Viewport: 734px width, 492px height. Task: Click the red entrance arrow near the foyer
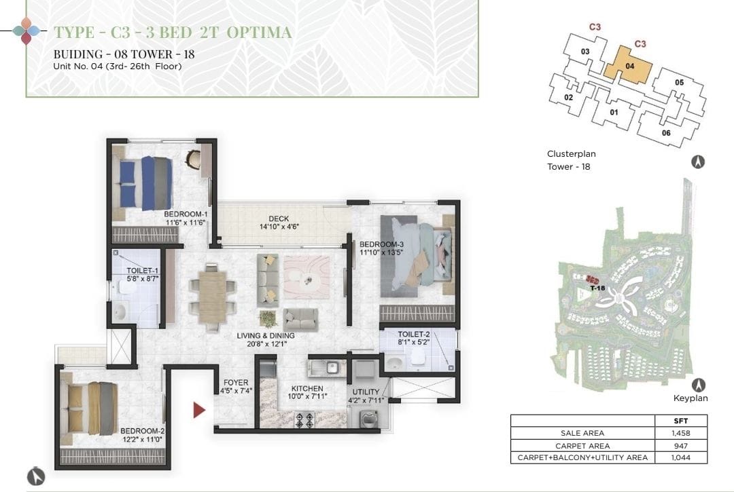(199, 410)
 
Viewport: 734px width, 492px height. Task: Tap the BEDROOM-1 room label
(186, 214)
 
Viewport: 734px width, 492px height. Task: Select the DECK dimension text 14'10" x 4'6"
(279, 227)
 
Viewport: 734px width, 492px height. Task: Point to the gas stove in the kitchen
(304, 419)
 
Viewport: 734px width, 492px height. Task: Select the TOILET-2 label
(414, 335)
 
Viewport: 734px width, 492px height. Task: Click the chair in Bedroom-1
(193, 159)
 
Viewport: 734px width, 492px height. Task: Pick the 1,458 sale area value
(680, 433)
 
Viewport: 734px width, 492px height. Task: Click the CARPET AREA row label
(582, 446)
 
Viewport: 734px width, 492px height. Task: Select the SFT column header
(680, 421)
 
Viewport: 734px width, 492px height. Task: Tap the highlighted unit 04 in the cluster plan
(628, 65)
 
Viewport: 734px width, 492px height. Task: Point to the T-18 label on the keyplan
(597, 288)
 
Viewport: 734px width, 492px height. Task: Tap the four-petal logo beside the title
(27, 31)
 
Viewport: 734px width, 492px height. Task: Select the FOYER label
(236, 383)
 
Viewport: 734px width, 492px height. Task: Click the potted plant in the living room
(268, 319)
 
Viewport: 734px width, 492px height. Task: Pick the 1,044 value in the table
(680, 458)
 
